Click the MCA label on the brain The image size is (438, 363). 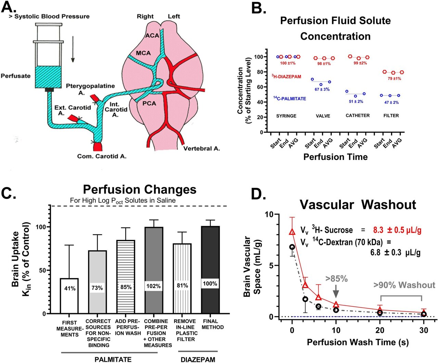(x=143, y=53)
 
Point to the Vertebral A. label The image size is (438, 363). (x=201, y=149)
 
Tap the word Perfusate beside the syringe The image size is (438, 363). (x=15, y=76)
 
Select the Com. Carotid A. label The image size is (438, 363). (x=102, y=156)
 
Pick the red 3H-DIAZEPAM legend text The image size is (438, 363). (x=286, y=77)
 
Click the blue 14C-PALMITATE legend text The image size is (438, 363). (x=289, y=99)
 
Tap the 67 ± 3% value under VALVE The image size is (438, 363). (x=322, y=89)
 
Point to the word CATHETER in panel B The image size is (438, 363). (x=358, y=116)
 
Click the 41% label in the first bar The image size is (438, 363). (x=70, y=288)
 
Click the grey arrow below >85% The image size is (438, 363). (x=336, y=293)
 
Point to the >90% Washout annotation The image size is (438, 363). (x=404, y=285)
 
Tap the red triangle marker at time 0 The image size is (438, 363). (x=292, y=232)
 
